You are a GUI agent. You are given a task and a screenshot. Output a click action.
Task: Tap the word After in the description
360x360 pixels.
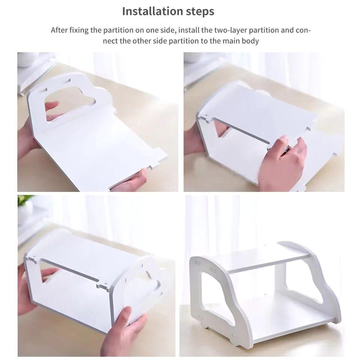[59, 30]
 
